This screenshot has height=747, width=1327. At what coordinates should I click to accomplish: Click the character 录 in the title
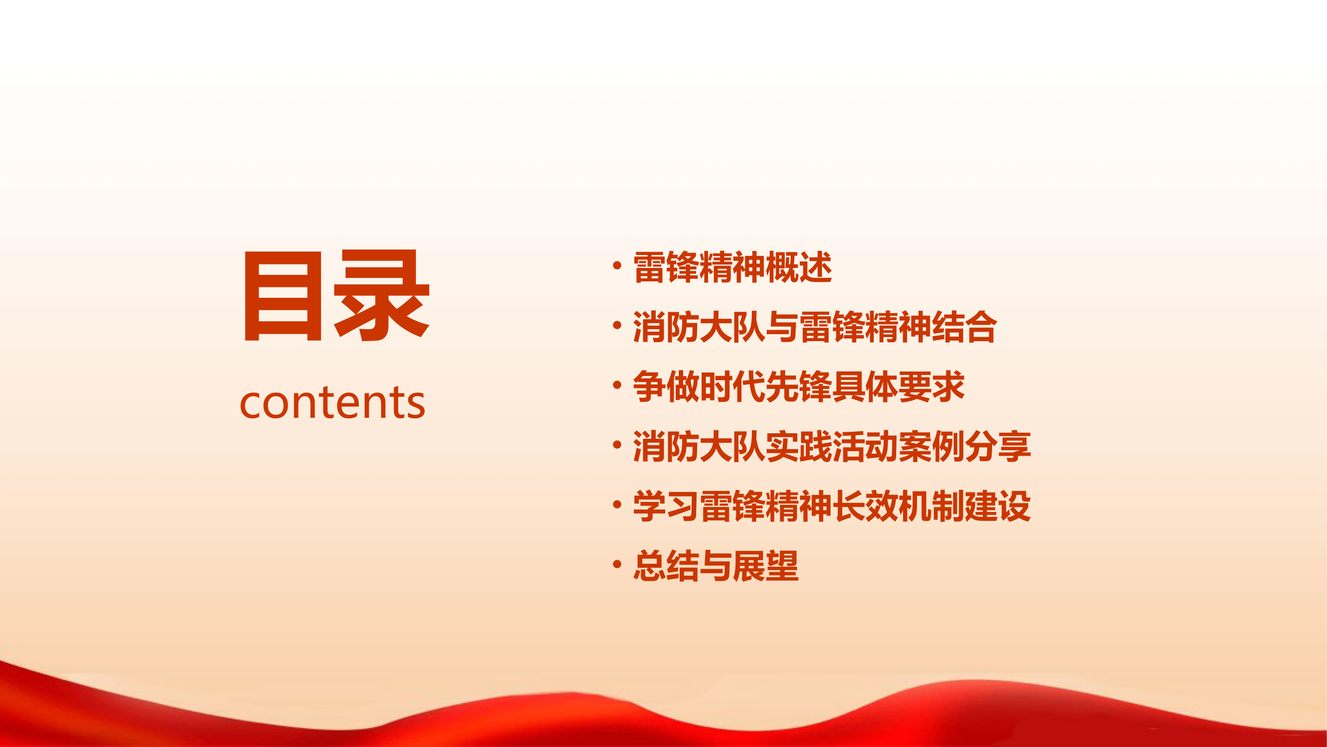(381, 296)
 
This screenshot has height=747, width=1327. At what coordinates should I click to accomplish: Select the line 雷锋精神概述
(732, 267)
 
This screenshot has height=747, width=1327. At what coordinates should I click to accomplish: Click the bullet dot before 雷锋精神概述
(617, 266)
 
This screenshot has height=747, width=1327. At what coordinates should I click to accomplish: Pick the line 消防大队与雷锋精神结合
(815, 327)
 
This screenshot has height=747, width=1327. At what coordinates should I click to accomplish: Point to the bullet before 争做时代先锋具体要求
(617, 385)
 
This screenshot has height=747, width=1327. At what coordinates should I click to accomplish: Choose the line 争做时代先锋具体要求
(798, 386)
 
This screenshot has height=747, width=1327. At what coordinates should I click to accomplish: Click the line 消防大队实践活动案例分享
(831, 446)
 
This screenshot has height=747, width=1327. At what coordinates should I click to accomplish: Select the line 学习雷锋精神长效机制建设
(831, 506)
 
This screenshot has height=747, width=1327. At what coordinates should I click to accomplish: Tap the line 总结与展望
(715, 566)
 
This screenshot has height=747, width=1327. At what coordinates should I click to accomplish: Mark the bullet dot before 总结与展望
(617, 565)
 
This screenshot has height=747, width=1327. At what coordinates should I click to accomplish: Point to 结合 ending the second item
(964, 327)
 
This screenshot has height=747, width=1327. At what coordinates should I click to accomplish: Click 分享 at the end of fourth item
(997, 446)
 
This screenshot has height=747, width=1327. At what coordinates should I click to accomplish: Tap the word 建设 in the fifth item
(997, 506)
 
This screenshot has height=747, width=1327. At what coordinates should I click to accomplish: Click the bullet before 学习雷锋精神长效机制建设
(617, 504)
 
